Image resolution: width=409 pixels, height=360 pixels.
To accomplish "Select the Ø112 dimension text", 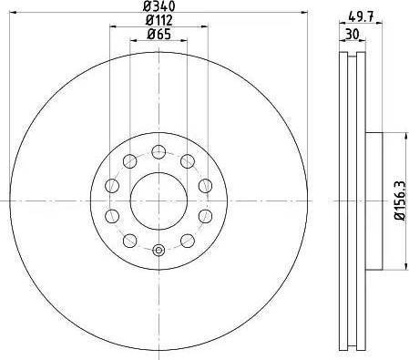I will tap(158, 22).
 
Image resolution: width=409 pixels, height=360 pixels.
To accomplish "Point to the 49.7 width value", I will tap(362, 14).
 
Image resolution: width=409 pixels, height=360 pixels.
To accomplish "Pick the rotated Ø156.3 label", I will tap(398, 201).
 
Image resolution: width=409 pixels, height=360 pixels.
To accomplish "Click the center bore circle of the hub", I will tap(158, 201).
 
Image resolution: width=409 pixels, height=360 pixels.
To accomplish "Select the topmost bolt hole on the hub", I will tap(158, 151).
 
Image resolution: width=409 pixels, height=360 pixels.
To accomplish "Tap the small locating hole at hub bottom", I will tap(158, 251).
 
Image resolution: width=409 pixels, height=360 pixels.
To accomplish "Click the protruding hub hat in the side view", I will tap(369, 201).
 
